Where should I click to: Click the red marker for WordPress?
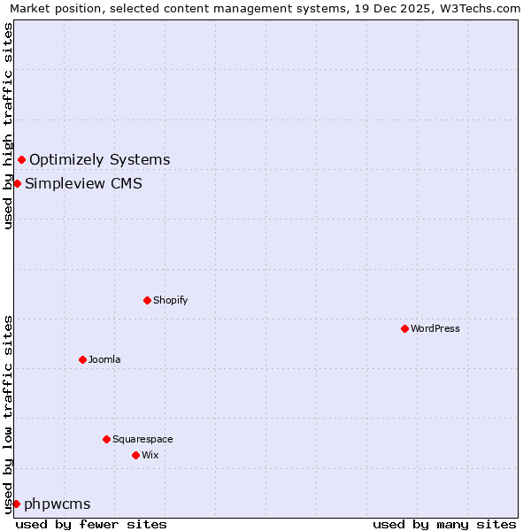tap(404, 328)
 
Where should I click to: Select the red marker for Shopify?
tap(147, 300)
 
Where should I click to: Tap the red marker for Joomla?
tap(82, 359)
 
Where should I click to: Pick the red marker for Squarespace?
tap(106, 439)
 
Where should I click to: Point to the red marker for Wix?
tap(135, 455)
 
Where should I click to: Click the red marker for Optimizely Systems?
tap(21, 159)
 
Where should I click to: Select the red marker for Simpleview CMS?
tap(17, 183)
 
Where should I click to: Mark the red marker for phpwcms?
tap(16, 504)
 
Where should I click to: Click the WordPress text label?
tap(435, 328)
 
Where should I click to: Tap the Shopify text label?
tap(170, 300)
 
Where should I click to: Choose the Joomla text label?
tap(104, 359)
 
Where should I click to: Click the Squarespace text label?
tap(142, 439)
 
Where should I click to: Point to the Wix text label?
tap(150, 455)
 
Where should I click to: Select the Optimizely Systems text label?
tap(99, 159)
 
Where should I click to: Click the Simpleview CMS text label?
tap(83, 183)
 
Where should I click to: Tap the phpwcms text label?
tap(57, 504)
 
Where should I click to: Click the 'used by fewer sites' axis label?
tap(91, 524)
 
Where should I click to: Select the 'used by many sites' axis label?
tap(444, 524)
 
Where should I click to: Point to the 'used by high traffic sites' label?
tap(8, 127)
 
